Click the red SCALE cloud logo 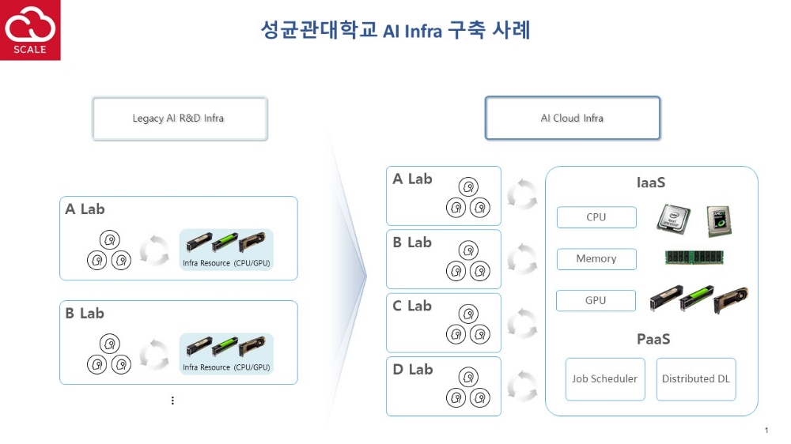click(30, 30)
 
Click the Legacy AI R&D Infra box click(180, 119)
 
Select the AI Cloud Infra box click(572, 119)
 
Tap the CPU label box click(596, 217)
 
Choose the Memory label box click(596, 258)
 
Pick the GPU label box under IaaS click(596, 300)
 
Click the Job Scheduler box click(605, 378)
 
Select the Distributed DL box click(696, 378)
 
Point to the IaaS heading click(651, 183)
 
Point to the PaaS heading click(653, 339)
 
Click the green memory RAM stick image click(694, 257)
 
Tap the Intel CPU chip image click(673, 217)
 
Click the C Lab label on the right click(412, 306)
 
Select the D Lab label click(412, 369)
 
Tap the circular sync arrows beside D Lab click(522, 385)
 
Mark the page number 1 click(766, 430)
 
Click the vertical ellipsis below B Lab click(172, 401)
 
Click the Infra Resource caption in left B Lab click(226, 367)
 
